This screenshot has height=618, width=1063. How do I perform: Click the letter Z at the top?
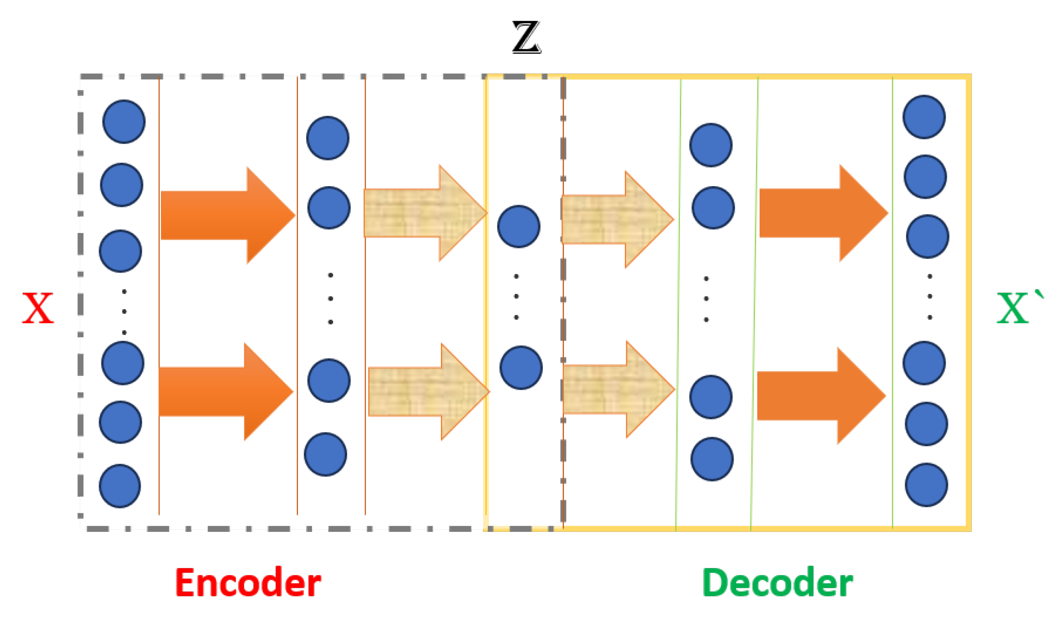(526, 37)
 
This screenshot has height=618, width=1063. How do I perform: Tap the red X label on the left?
(38, 308)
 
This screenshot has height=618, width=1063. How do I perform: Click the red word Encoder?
(248, 583)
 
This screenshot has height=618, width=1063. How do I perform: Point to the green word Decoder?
(777, 583)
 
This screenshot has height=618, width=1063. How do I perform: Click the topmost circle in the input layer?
(124, 122)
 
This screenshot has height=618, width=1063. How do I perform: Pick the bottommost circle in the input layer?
(120, 486)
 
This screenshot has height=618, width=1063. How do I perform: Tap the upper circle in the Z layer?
(519, 227)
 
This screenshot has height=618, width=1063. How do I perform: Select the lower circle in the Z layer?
(521, 368)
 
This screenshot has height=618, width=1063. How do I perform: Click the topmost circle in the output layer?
(924, 117)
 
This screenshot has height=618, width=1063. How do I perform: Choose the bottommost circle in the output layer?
(926, 485)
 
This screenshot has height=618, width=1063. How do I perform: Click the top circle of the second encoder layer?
(328, 138)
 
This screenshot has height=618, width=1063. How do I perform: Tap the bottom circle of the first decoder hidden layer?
(712, 459)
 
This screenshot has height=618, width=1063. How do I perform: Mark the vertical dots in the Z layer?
(516, 297)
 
